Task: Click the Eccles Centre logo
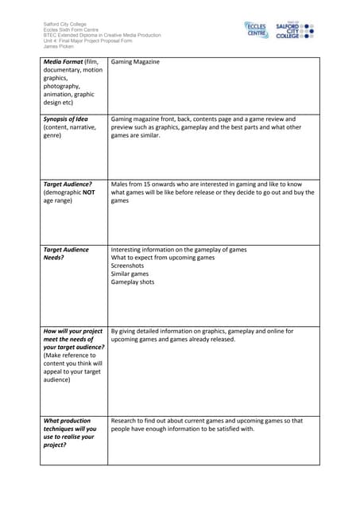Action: [256, 30]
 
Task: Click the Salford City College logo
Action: [294, 31]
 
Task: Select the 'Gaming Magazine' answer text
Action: [135, 62]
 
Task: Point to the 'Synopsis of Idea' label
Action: [66, 119]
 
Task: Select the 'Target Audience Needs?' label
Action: [66, 254]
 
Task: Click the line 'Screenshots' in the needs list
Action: [130, 266]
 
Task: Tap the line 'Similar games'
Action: [130, 274]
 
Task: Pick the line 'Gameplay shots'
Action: [133, 282]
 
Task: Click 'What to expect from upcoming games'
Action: [163, 258]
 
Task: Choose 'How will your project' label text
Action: [72, 332]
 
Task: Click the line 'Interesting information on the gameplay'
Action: [179, 250]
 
